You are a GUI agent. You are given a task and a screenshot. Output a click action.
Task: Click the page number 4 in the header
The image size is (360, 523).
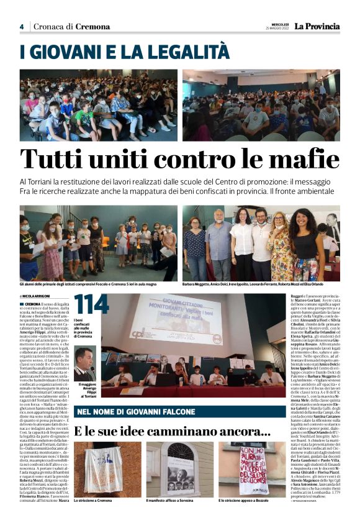(21, 27)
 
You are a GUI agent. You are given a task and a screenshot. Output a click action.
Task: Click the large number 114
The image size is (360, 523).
(91, 306)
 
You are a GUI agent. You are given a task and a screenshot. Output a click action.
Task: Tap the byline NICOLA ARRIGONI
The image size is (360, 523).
(37, 296)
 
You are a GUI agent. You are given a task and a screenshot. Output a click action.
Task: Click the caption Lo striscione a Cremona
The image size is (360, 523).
(94, 500)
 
